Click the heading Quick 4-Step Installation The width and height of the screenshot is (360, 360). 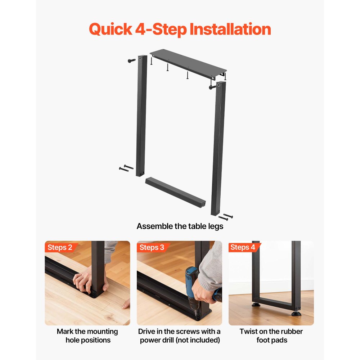pos(180,29)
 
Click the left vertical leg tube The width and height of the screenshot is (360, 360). pos(141,115)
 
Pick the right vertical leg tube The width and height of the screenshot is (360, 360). pos(219,148)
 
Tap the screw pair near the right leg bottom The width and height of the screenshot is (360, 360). pos(226,217)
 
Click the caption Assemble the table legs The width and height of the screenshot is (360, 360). pos(180,226)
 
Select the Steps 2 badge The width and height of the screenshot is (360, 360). pos(60,247)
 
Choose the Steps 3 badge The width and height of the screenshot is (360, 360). pos(152,247)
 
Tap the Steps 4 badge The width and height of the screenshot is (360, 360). pos(243,247)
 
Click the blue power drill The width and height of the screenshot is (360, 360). pos(193,292)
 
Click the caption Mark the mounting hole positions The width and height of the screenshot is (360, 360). pos(87,336)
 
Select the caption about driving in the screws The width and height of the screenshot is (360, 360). pos(179,336)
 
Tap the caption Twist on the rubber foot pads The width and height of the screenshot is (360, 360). pos(271,336)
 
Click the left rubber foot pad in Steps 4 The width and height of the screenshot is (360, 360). pos(256,305)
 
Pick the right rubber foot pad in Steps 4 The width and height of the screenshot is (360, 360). pos(296,313)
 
